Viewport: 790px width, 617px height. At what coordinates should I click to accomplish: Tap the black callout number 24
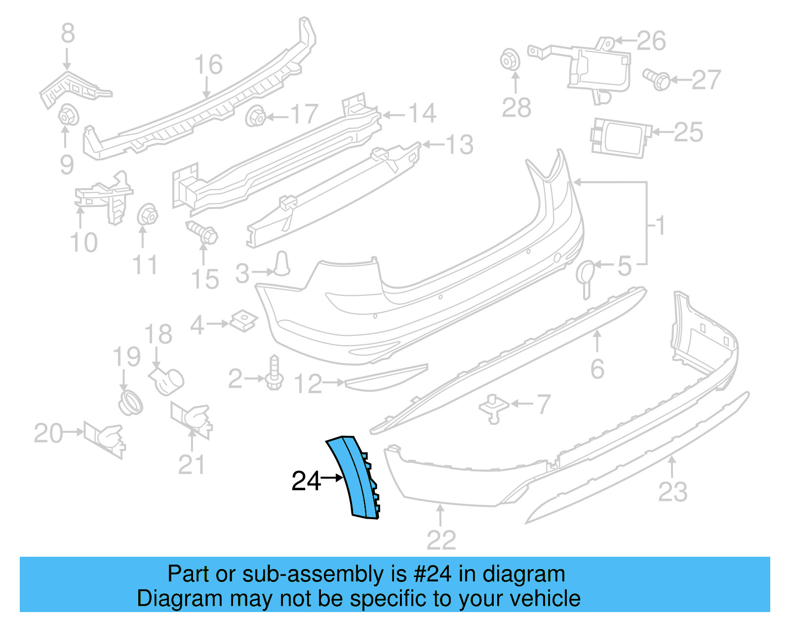click(306, 481)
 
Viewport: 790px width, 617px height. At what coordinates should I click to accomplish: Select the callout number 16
click(208, 65)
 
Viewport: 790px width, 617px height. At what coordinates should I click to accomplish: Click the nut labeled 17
click(256, 117)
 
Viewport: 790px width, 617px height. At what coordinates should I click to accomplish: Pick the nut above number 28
click(510, 60)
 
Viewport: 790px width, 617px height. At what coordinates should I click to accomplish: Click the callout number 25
click(688, 132)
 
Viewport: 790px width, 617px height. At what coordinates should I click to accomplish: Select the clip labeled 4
click(244, 321)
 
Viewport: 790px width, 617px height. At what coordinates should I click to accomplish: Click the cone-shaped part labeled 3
click(282, 264)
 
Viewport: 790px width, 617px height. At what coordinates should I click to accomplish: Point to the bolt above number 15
click(202, 232)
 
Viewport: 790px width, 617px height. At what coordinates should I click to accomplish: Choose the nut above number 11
click(147, 215)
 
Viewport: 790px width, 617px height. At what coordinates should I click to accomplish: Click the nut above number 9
click(68, 117)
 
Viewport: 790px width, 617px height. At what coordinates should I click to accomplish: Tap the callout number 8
click(68, 34)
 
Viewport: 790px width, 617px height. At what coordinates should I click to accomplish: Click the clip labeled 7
click(493, 409)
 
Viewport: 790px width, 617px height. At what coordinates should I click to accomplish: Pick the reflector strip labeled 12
click(385, 377)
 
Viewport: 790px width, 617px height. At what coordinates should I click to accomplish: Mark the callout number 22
click(441, 540)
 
